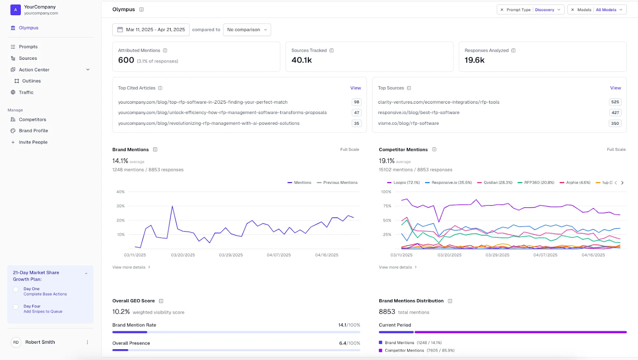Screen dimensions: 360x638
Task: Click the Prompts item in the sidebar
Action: tap(28, 47)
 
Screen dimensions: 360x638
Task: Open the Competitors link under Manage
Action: tap(32, 120)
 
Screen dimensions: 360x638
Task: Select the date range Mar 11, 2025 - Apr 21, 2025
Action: tap(151, 30)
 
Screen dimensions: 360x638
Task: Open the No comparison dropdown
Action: tap(247, 30)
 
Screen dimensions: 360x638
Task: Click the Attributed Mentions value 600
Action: tap(126, 60)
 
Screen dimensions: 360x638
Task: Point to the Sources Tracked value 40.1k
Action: tap(301, 60)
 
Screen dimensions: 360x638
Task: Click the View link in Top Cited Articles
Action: tap(355, 88)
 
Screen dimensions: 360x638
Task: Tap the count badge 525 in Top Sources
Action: tap(615, 102)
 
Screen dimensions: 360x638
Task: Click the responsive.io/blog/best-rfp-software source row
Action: tap(419, 113)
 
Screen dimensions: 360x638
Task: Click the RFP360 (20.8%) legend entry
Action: tap(539, 183)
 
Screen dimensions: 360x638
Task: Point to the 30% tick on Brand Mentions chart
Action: tap(120, 206)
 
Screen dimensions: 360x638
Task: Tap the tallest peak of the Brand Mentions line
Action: tap(172, 206)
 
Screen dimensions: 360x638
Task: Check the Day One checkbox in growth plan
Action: tap(16, 289)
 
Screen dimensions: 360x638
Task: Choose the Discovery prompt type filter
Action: tap(545, 10)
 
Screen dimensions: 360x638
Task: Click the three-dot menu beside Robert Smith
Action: tap(87, 342)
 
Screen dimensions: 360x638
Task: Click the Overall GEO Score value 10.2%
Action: tap(121, 312)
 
